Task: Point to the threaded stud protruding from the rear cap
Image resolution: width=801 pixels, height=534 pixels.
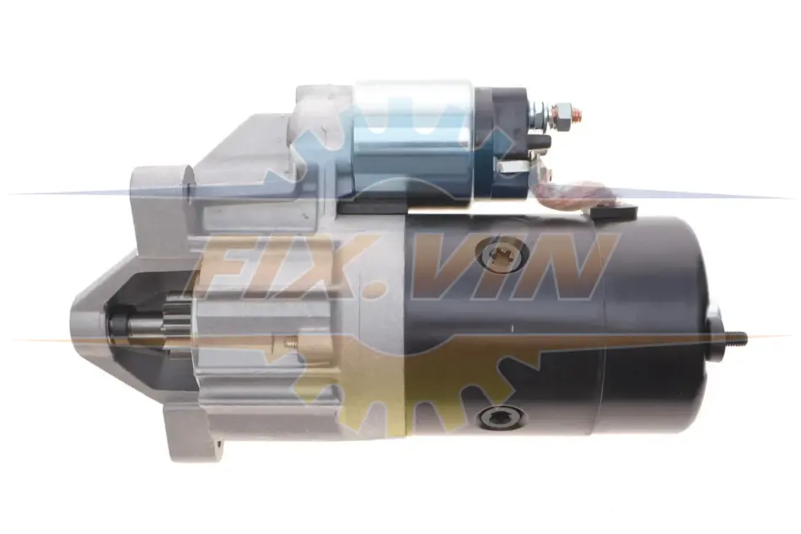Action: click(x=730, y=337)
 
